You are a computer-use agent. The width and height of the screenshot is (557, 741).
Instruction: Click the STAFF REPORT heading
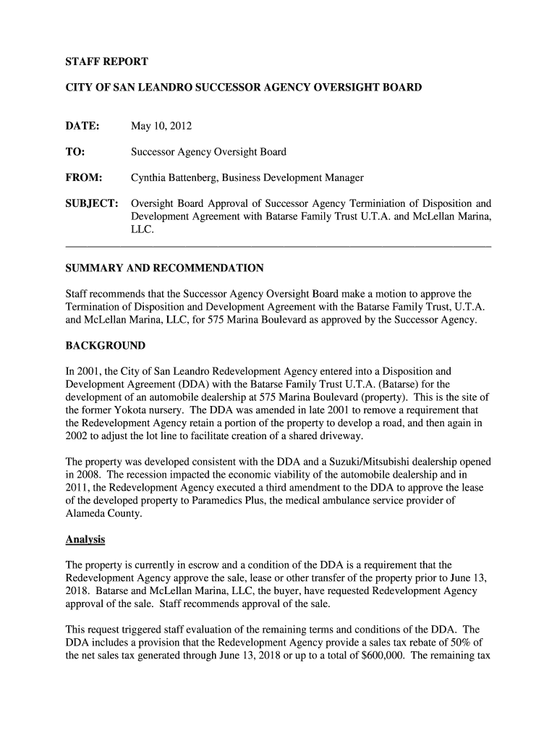click(x=96, y=62)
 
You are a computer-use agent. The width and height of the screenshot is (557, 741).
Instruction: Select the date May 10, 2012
click(x=161, y=127)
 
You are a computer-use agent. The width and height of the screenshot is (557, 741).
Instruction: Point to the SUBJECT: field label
click(x=92, y=203)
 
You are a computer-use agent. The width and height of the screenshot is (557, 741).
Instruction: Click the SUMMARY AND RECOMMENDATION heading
click(x=164, y=268)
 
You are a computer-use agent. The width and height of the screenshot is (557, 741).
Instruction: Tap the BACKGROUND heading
click(x=105, y=345)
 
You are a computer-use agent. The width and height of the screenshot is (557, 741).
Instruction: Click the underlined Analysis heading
click(x=85, y=540)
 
